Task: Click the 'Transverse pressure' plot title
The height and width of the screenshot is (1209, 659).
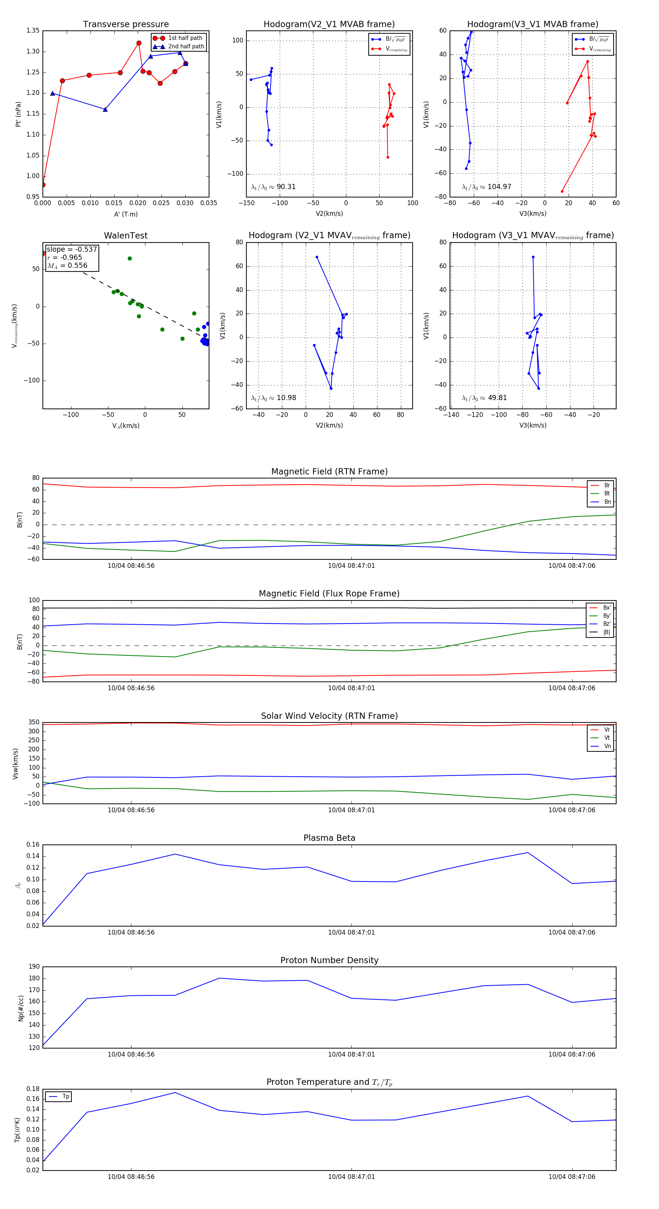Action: pyautogui.click(x=126, y=25)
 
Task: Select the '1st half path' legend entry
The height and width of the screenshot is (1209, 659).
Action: pyautogui.click(x=185, y=38)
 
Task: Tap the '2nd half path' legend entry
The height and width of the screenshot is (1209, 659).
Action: pyautogui.click(x=186, y=47)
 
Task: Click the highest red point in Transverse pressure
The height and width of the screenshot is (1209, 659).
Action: pyautogui.click(x=139, y=43)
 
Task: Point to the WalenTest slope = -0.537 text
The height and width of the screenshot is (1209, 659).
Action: pyautogui.click(x=72, y=249)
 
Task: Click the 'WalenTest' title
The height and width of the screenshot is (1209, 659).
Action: pyautogui.click(x=126, y=236)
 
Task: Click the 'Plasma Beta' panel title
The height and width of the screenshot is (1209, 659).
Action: pyautogui.click(x=329, y=838)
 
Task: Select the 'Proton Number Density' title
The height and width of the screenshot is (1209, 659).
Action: pyautogui.click(x=329, y=960)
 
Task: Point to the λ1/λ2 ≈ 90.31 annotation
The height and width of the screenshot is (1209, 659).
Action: pyautogui.click(x=273, y=187)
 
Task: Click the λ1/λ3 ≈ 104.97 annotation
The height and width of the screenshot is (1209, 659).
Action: pyautogui.click(x=487, y=187)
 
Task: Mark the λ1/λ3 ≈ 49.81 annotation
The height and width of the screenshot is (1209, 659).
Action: pyautogui.click(x=484, y=398)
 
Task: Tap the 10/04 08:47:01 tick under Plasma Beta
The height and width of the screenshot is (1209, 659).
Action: pyautogui.click(x=351, y=932)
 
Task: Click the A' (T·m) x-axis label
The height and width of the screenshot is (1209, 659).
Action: pyautogui.click(x=126, y=214)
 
